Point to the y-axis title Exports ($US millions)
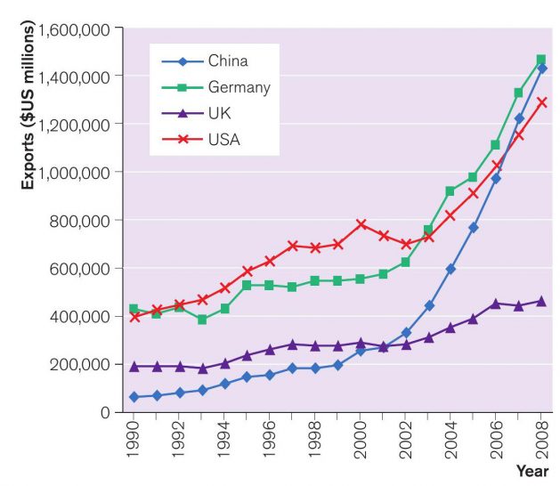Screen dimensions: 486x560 point(29,107)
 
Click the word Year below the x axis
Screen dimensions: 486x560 point(532,471)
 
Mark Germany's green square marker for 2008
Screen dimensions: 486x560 point(541,61)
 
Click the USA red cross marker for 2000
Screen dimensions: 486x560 point(361,224)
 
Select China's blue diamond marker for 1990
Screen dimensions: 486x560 point(134,397)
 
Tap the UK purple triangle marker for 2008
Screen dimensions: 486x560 point(541,301)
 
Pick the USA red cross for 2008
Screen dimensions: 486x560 point(541,102)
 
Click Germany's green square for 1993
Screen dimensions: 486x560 point(202,320)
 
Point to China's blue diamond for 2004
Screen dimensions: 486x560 point(450,269)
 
